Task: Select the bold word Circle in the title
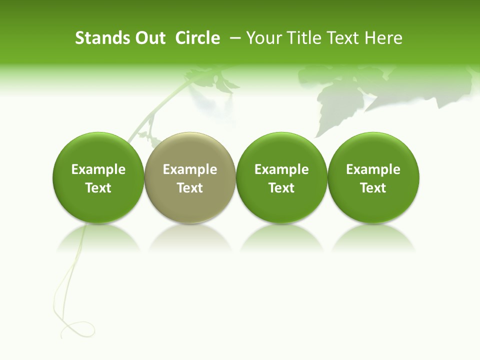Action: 197,38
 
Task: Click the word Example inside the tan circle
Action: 190,169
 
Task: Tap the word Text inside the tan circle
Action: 190,188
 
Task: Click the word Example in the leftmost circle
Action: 98,169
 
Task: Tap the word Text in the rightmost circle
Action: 373,188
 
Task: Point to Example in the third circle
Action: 281,169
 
